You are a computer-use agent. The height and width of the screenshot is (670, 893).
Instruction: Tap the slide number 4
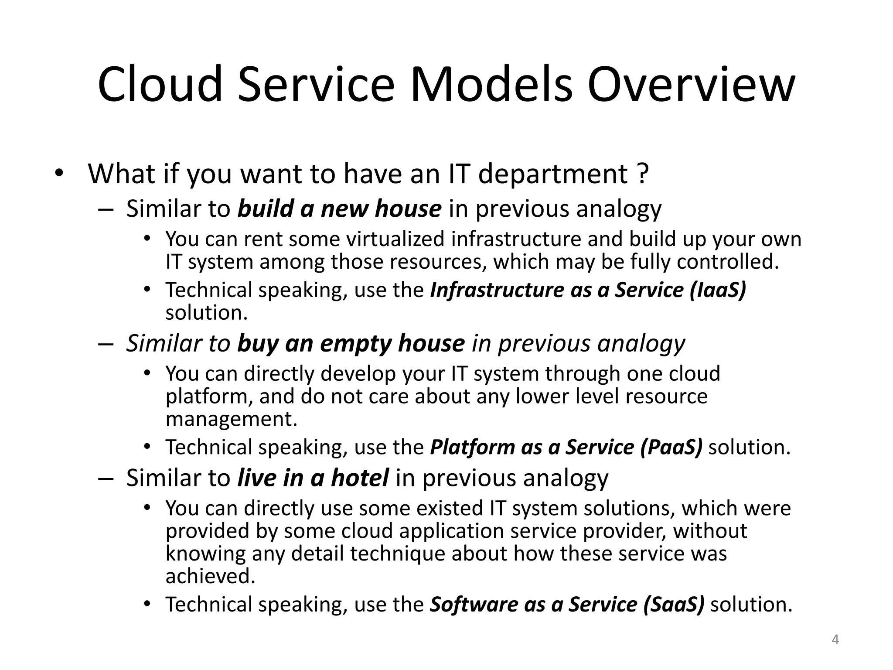point(835,639)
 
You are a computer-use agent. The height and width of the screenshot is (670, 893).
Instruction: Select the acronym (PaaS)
point(671,447)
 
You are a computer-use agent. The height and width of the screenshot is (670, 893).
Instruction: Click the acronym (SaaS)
point(674,604)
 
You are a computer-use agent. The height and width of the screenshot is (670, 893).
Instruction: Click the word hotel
point(360,478)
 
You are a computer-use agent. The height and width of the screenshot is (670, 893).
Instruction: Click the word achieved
point(210,576)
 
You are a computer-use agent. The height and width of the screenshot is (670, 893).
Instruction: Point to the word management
point(231,419)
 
